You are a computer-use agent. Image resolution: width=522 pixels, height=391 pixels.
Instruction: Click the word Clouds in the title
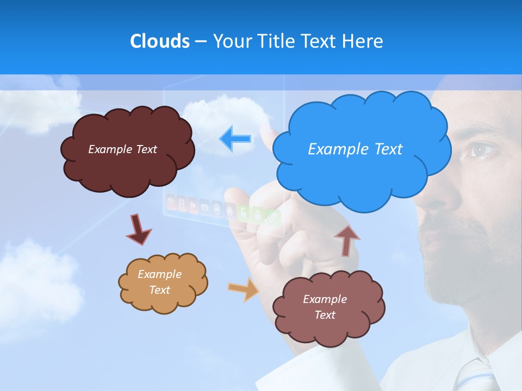pos(159,41)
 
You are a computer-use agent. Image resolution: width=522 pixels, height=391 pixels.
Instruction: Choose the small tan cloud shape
pos(163,301)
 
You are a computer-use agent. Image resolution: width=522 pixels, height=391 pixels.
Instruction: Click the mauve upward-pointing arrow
pos(346,239)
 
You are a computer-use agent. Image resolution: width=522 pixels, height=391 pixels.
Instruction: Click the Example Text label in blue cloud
pos(355,149)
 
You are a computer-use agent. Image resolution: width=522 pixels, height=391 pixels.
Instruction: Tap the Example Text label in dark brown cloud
pos(122,149)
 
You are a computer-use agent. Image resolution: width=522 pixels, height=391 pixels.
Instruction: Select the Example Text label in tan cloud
pos(159,282)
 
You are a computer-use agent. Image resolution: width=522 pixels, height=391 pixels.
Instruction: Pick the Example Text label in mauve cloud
pos(325,307)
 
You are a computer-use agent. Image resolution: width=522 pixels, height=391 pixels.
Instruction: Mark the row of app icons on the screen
pos(223,209)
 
